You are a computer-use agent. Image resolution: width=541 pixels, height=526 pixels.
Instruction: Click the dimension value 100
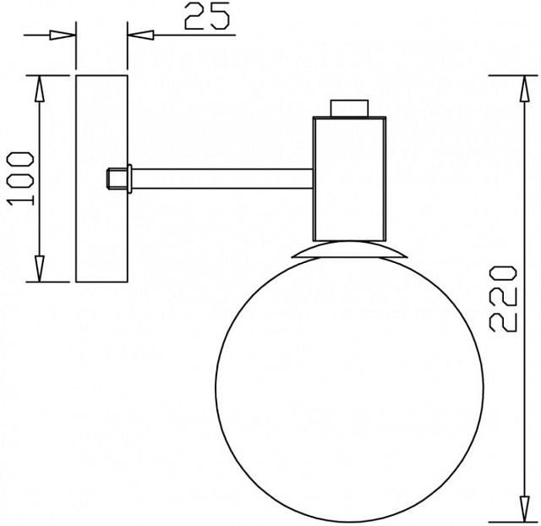[x=19, y=178]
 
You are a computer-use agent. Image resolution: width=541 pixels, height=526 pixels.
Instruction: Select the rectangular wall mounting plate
[x=101, y=178]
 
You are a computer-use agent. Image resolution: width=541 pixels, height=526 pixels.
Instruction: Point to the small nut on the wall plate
[x=117, y=178]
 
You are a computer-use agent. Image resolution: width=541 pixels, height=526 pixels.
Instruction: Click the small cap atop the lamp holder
[x=350, y=108]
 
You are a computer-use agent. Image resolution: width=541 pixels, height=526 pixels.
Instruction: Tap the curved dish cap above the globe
[x=350, y=250]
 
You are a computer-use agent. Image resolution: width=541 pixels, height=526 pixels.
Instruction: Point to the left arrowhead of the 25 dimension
[x=63, y=36]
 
